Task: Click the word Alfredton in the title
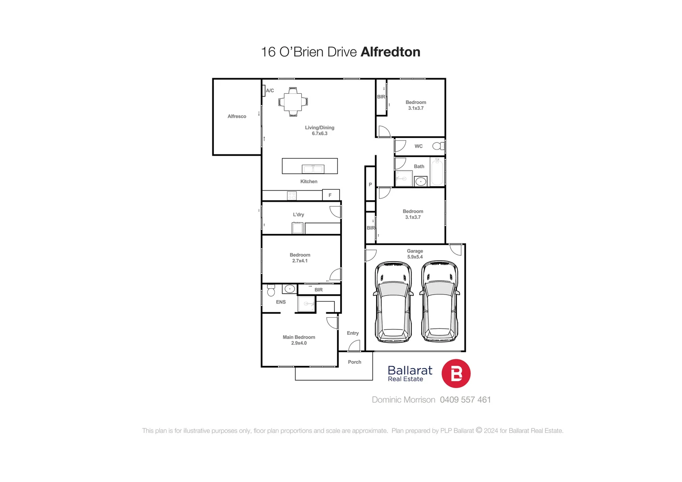391,52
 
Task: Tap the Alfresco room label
237,116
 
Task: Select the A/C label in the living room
270,91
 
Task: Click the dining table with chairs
293,102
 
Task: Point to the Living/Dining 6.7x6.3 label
320,130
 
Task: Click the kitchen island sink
312,169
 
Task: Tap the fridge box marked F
330,195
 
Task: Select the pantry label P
370,184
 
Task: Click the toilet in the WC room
438,146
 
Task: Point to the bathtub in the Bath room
437,171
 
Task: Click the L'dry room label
299,215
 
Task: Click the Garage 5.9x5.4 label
415,254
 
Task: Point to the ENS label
281,302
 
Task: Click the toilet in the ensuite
271,291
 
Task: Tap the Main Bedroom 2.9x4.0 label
299,340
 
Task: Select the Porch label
354,362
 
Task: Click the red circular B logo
456,374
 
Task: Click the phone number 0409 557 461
465,400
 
